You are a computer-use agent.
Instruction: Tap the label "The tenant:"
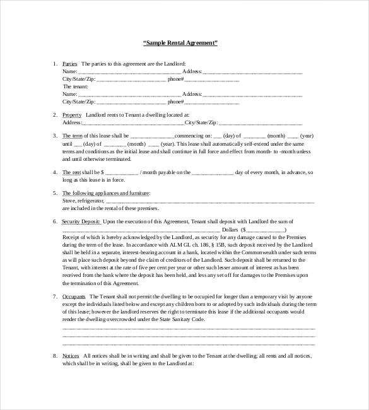(x=75, y=86)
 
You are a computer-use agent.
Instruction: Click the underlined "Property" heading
(x=72, y=114)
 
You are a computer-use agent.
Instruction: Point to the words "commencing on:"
(x=193, y=136)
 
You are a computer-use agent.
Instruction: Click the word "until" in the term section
(x=67, y=143)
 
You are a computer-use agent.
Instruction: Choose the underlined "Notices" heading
(x=71, y=356)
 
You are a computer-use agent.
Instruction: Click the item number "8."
(x=55, y=356)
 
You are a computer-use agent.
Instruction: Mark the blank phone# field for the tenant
(x=211, y=101)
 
